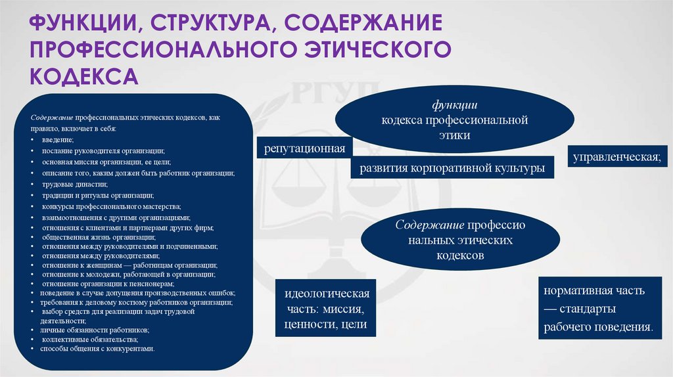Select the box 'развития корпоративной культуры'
(x=452, y=167)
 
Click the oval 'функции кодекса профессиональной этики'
(x=455, y=120)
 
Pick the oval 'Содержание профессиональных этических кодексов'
(x=460, y=240)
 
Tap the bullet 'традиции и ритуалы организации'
(x=98, y=195)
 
